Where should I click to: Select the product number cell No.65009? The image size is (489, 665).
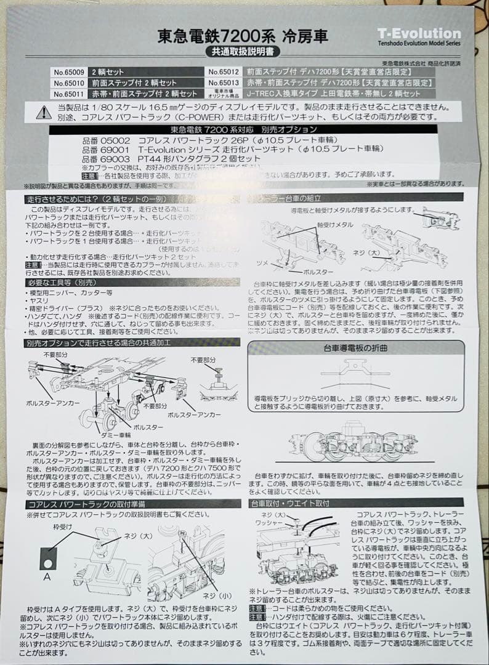(x=68, y=71)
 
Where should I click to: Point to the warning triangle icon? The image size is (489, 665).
(x=44, y=112)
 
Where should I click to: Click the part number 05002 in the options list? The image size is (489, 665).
(x=110, y=140)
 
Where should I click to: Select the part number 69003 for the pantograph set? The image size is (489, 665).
(x=110, y=158)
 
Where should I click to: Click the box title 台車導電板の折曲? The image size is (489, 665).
(x=355, y=349)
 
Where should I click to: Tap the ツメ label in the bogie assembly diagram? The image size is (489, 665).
(x=262, y=262)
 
